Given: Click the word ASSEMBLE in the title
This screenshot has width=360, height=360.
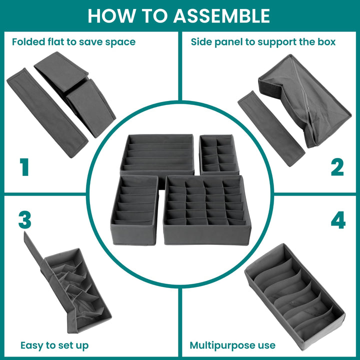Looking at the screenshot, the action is pyautogui.click(x=222, y=15).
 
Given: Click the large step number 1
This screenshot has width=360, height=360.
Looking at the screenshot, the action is pyautogui.click(x=24, y=167).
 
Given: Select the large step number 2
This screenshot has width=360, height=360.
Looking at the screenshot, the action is pyautogui.click(x=337, y=167).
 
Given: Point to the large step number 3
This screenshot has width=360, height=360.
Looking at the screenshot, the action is pyautogui.click(x=25, y=220).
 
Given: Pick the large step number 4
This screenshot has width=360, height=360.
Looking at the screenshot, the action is pyautogui.click(x=338, y=220).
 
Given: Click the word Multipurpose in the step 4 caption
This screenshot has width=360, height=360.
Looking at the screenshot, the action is pyautogui.click(x=218, y=346).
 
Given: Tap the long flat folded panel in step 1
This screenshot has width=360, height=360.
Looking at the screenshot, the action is pyautogui.click(x=47, y=112).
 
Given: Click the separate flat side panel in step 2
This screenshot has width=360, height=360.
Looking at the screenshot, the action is pyautogui.click(x=271, y=128).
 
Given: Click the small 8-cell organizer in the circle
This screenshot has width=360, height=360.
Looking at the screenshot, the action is pyautogui.click(x=219, y=154).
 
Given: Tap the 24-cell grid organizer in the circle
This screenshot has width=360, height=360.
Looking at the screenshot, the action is pyautogui.click(x=207, y=210).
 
